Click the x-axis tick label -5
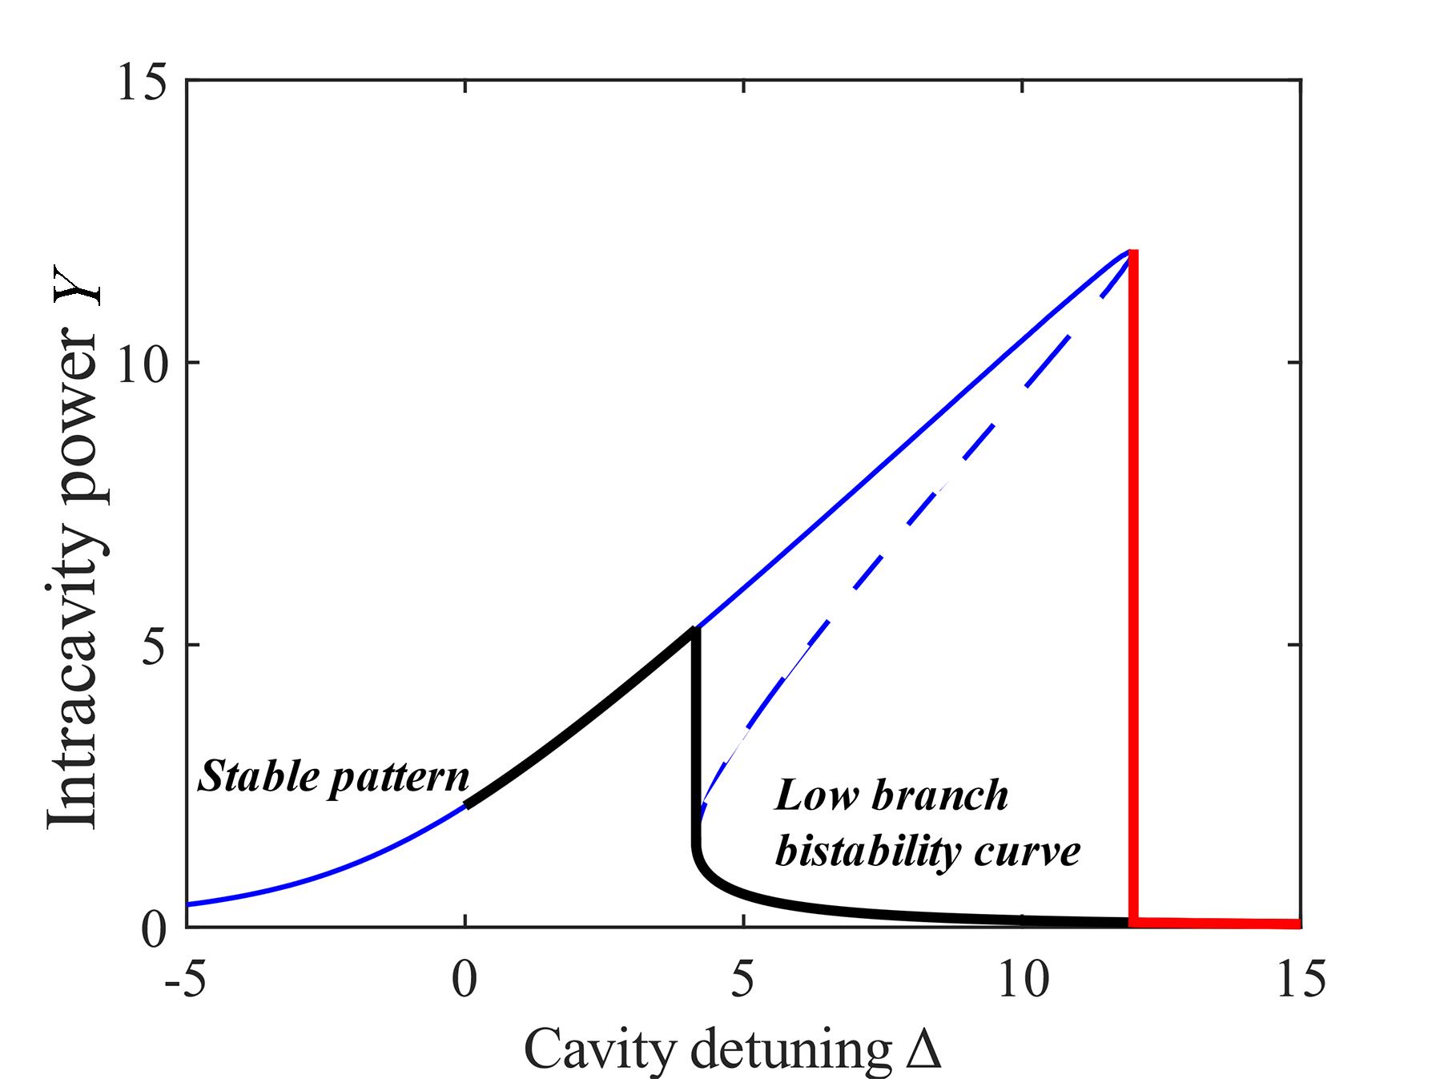coord(184,980)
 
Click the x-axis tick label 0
coord(465,980)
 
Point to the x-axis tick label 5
coord(743,980)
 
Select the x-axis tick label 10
coord(1023,980)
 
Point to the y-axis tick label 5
coord(156,646)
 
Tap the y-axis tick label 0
coord(156,928)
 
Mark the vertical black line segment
coord(695,737)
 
